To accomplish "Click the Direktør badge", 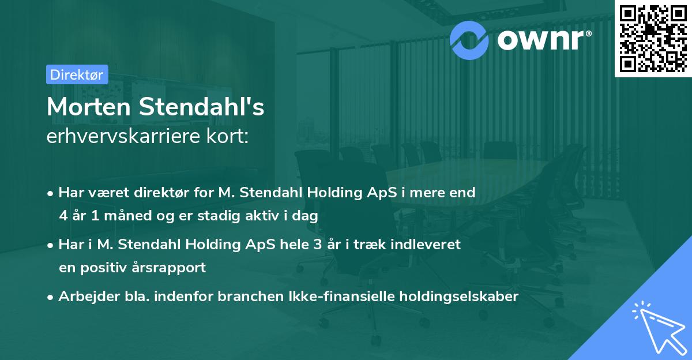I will pos(77,74).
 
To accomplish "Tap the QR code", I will pos(653,39).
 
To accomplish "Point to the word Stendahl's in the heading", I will pos(200,107).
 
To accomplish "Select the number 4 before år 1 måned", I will pos(63,216).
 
